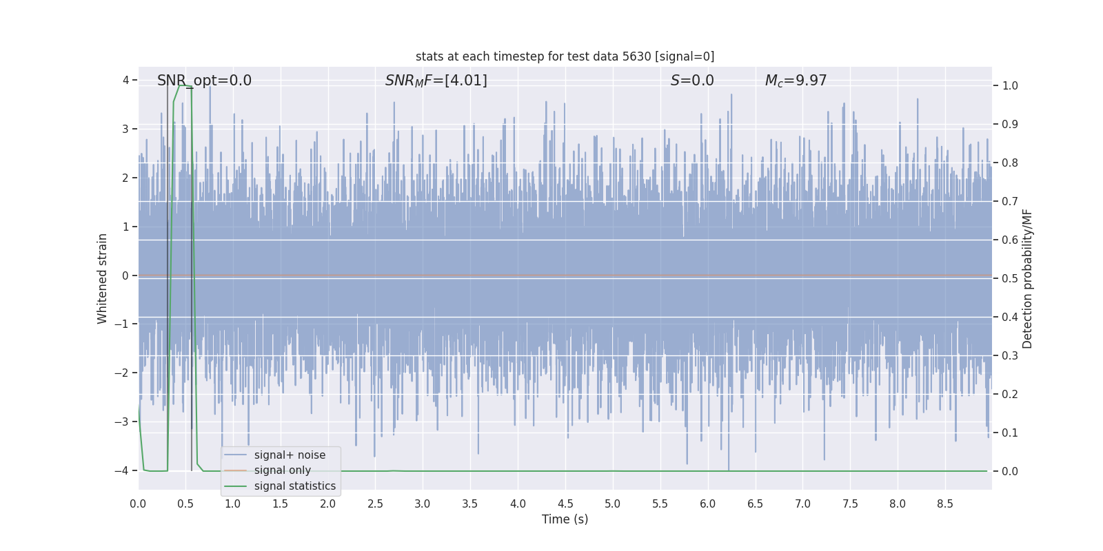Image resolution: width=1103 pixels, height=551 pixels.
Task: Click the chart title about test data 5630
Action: point(565,56)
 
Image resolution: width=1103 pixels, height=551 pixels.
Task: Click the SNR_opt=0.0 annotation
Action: point(204,81)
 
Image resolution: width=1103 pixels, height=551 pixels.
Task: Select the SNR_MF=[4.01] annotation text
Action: point(436,81)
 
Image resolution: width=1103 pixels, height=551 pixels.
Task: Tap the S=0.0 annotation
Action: point(692,81)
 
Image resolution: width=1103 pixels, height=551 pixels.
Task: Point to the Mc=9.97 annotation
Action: point(796,81)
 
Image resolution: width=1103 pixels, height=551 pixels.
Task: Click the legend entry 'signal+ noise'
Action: point(290,455)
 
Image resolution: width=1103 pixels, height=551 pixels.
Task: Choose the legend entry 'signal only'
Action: point(282,470)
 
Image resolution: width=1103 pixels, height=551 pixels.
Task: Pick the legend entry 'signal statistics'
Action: point(294,486)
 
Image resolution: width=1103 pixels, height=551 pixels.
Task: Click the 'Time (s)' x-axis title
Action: point(565,519)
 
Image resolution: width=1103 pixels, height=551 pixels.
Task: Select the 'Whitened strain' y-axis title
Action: point(103,278)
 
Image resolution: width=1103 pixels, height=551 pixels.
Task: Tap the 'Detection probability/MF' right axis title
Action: point(1027,278)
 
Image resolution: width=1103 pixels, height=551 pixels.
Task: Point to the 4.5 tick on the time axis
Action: point(565,504)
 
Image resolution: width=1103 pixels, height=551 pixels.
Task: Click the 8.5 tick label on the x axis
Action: point(945,504)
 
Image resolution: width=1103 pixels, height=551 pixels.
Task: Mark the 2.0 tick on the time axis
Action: point(327,504)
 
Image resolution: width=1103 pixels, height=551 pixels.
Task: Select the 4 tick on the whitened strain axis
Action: point(125,81)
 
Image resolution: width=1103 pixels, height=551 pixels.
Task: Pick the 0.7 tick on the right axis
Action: point(1010,202)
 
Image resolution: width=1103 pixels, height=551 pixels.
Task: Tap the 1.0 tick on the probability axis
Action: point(1010,86)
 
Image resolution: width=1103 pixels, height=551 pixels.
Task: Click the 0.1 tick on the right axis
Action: point(1010,433)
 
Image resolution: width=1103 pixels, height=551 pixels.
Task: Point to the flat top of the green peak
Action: point(185,86)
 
